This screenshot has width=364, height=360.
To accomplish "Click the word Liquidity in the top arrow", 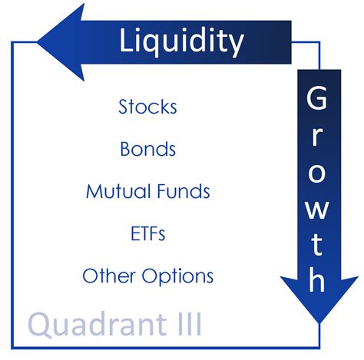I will click(x=181, y=40).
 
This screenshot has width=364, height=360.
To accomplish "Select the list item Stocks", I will click(x=147, y=107).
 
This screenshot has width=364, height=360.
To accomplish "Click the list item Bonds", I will click(x=147, y=149).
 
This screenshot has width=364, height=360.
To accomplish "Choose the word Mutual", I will click(x=117, y=191).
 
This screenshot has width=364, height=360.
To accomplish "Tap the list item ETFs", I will click(x=147, y=233).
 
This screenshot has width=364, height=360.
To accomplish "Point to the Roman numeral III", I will click(x=185, y=324).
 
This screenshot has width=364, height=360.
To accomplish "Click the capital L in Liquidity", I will click(x=127, y=40).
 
